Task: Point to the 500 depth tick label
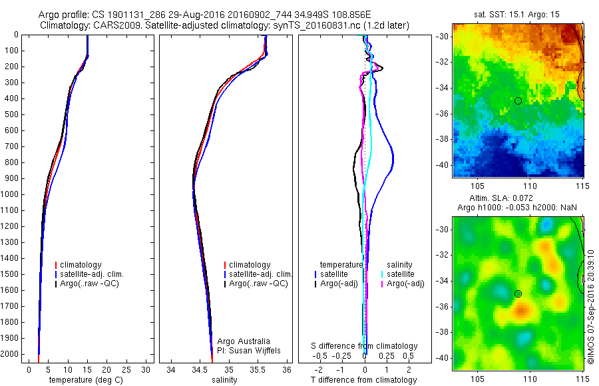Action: point(11,114)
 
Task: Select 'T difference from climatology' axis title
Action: point(363,380)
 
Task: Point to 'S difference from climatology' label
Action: point(365,346)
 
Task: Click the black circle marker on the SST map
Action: point(518,100)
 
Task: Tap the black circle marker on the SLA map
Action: point(518,293)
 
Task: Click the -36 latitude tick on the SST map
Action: point(443,113)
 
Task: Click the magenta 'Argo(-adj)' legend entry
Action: point(405,284)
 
